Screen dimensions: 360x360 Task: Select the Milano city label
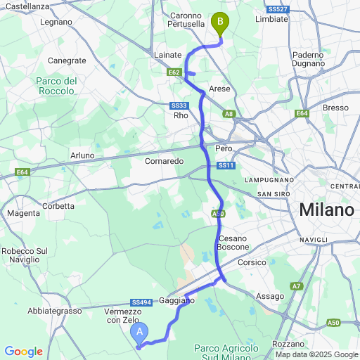pyautogui.click(x=327, y=210)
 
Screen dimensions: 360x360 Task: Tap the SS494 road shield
pyautogui.click(x=141, y=302)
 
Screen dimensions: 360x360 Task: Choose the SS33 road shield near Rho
pyautogui.click(x=179, y=105)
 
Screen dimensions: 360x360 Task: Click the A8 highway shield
pyautogui.click(x=229, y=112)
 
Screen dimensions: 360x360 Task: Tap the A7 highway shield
pyautogui.click(x=297, y=286)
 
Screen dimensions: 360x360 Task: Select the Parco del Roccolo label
pyautogui.click(x=56, y=86)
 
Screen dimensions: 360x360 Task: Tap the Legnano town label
pyautogui.click(x=57, y=22)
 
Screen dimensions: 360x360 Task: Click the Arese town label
pyautogui.click(x=220, y=89)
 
